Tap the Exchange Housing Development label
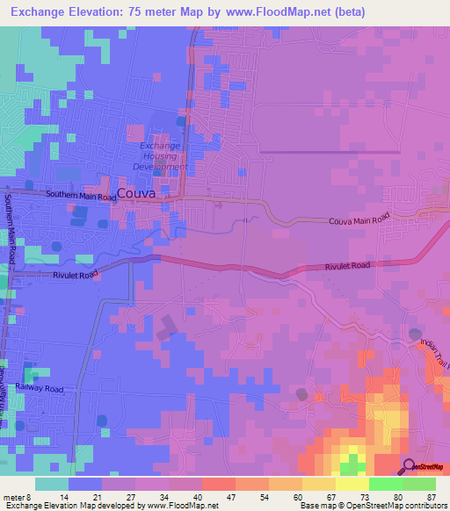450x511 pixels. click(x=159, y=155)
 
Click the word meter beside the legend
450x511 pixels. click(x=15, y=496)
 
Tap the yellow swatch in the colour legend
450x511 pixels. click(x=352, y=483)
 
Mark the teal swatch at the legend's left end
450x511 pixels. click(x=52, y=483)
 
